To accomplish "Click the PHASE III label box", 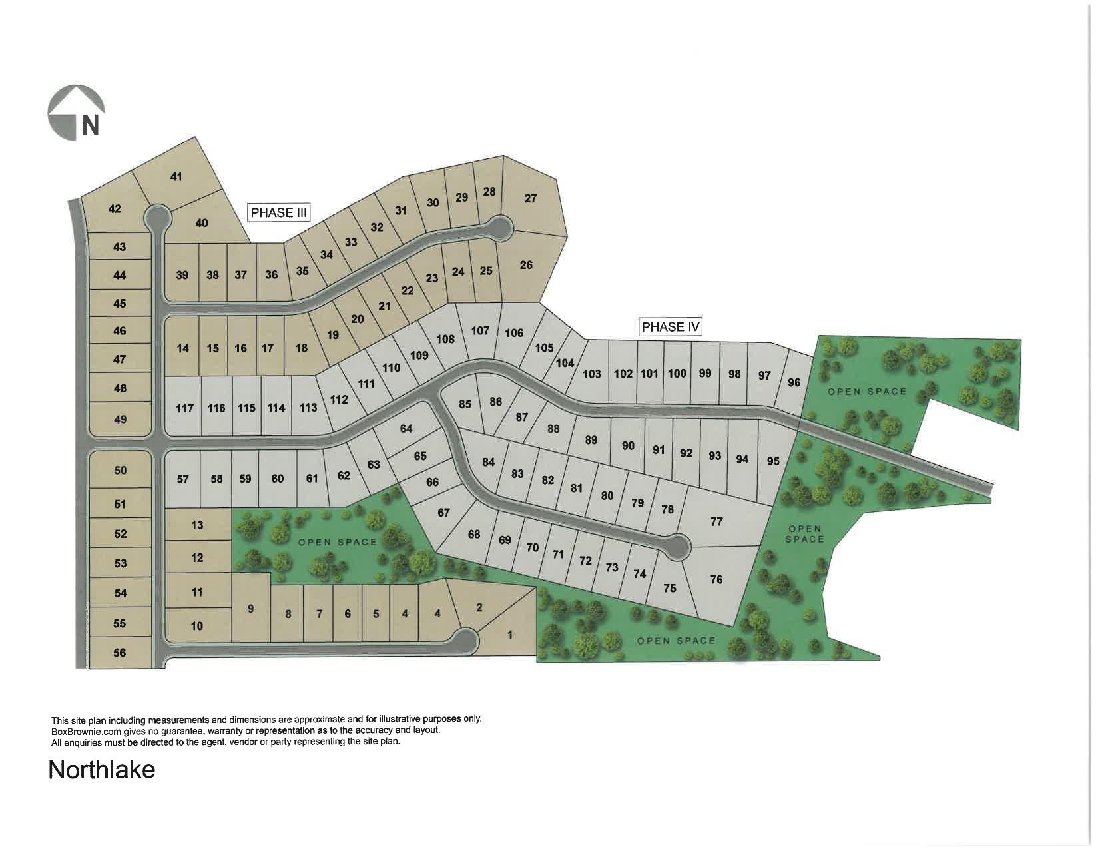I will (x=279, y=212).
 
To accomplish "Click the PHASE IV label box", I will (x=671, y=326).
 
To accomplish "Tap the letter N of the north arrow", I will (x=90, y=126).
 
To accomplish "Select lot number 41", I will (x=176, y=177).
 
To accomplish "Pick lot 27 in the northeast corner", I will (x=531, y=198).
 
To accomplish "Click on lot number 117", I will (x=184, y=408).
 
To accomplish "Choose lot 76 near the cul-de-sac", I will (x=716, y=579).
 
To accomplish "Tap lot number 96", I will (x=794, y=382).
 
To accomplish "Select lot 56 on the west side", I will (x=120, y=653).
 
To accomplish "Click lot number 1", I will (x=511, y=635).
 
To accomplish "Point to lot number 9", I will (x=250, y=609).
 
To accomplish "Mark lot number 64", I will (x=406, y=429).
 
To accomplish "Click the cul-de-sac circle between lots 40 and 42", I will (x=158, y=216).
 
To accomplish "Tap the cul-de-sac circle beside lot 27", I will (x=499, y=228).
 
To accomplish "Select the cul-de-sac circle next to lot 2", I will (x=465, y=641).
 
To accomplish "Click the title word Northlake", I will (x=102, y=770).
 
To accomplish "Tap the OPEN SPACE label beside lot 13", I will (x=338, y=542).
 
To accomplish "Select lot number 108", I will (x=445, y=339).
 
